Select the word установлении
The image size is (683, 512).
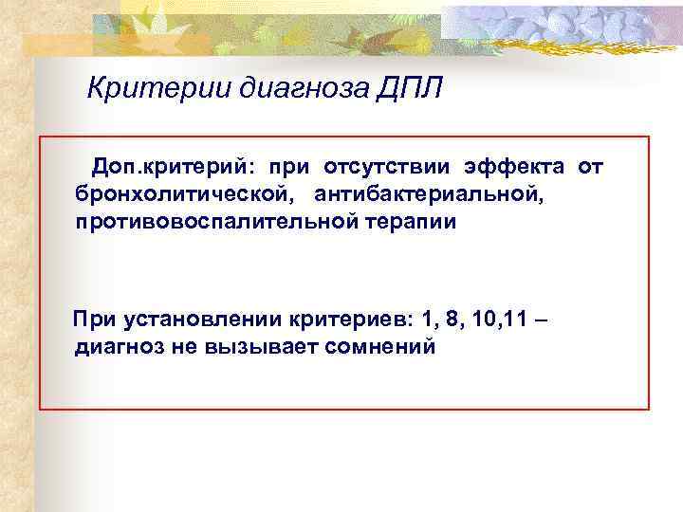(188, 320)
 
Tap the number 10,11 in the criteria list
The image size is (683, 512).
(500, 320)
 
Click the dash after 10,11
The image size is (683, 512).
(541, 320)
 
